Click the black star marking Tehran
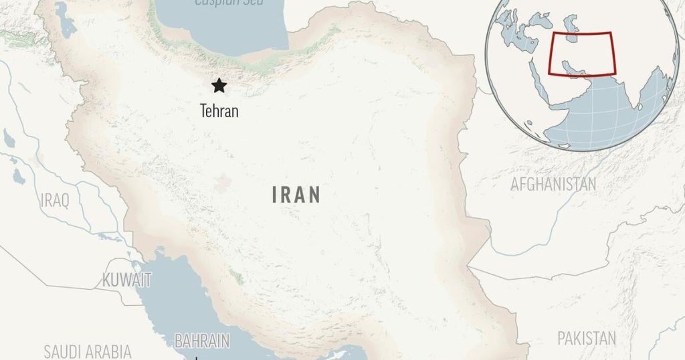[218, 86]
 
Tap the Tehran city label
[219, 110]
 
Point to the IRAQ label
[54, 200]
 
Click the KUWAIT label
[126, 280]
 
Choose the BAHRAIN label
[202, 341]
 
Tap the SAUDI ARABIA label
[88, 351]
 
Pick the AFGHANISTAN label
[553, 184]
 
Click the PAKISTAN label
[587, 338]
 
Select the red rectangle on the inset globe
[581, 54]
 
